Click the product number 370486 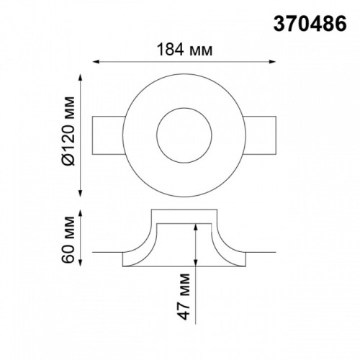point(310,24)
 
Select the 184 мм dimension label point(184,50)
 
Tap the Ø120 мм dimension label point(68,131)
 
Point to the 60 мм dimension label point(68,240)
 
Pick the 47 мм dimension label point(184,296)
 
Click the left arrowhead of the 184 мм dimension point(96,62)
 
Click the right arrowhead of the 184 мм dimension point(273,62)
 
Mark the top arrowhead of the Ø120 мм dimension point(81,78)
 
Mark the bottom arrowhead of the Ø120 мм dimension point(81,194)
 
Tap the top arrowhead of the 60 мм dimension point(81,214)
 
